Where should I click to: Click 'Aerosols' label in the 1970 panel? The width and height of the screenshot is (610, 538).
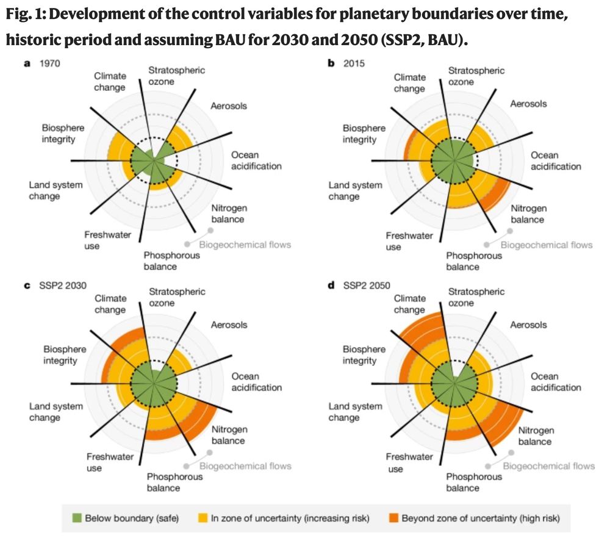(229, 106)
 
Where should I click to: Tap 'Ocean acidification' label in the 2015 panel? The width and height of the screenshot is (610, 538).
(556, 161)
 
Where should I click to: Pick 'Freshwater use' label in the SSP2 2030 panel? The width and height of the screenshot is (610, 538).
(102, 462)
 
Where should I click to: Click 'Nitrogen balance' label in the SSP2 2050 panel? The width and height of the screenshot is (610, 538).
(536, 436)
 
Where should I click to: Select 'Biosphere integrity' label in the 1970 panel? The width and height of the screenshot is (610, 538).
(63, 134)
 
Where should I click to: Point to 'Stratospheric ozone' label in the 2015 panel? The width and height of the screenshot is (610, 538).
(476, 76)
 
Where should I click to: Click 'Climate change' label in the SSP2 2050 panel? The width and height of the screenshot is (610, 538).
(409, 304)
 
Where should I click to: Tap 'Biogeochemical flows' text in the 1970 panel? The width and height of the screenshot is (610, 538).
(253, 245)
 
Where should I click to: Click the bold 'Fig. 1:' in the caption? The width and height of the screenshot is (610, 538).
(25, 15)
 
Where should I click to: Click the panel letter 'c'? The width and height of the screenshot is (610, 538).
(27, 284)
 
